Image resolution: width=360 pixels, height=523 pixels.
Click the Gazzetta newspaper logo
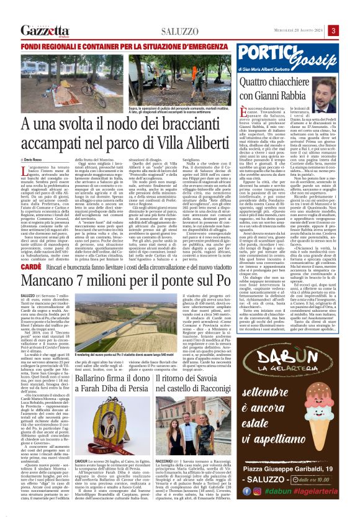(x=45, y=30)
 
